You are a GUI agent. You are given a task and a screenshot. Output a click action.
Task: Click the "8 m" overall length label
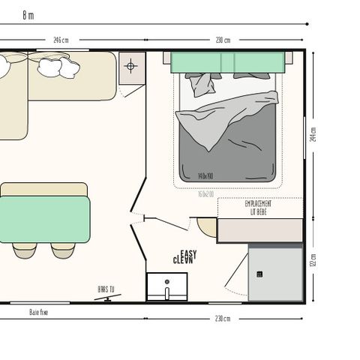(x=28, y=14)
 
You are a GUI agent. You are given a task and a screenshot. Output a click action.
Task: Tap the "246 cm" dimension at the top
(x=61, y=40)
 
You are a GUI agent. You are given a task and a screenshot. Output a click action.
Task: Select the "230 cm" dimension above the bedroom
(x=223, y=40)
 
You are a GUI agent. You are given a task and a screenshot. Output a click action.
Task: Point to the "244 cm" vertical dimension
(x=313, y=134)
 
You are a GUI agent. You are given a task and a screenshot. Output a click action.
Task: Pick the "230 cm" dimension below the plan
(x=223, y=319)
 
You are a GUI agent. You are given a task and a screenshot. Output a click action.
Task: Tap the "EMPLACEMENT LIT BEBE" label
(x=259, y=207)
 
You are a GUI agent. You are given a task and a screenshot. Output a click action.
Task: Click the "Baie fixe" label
(x=39, y=312)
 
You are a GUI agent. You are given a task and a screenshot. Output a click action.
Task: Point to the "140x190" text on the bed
(x=205, y=176)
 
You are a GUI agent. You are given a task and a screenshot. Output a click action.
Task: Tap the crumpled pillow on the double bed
(x=202, y=84)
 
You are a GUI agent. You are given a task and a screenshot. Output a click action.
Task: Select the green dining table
(x=45, y=220)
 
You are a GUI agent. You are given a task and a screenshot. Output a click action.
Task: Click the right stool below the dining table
(x=64, y=250)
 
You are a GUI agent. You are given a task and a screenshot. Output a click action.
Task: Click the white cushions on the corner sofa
(x=57, y=67)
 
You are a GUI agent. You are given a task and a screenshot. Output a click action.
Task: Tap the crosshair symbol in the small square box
(x=130, y=66)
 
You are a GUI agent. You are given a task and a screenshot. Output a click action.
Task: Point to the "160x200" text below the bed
(x=205, y=194)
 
